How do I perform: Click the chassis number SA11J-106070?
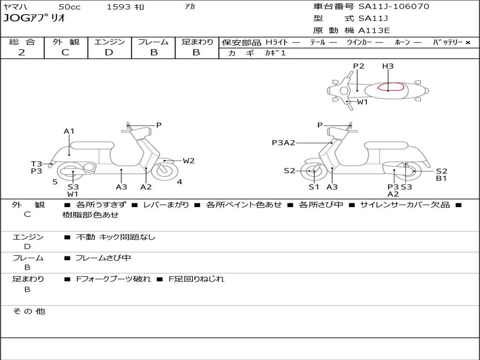click(x=394, y=7)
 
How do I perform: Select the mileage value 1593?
click(x=119, y=7)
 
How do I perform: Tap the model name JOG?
click(x=16, y=19)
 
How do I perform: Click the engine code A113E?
click(x=374, y=31)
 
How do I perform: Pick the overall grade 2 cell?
click(x=22, y=52)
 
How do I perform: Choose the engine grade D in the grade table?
click(x=109, y=52)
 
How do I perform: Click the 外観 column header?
click(x=66, y=42)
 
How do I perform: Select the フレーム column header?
click(x=153, y=42)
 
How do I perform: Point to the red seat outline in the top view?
click(x=390, y=87)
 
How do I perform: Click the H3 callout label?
click(x=388, y=66)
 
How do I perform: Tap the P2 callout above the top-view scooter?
click(x=359, y=66)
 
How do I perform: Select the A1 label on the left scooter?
click(x=69, y=131)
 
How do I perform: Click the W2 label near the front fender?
click(x=188, y=161)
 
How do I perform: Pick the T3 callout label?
click(x=37, y=164)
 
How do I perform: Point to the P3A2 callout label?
click(x=283, y=142)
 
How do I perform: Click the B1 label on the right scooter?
click(x=441, y=178)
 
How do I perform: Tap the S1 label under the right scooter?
click(x=314, y=187)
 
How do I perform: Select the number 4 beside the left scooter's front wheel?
click(x=180, y=182)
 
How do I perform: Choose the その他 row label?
click(x=29, y=311)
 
